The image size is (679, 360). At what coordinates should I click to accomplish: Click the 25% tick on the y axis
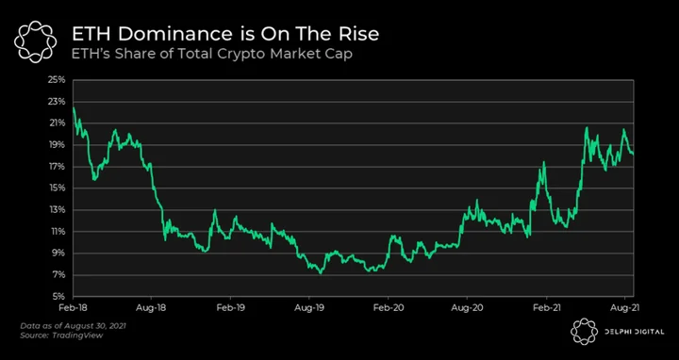(58, 80)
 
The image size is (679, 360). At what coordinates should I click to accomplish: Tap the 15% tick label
(58, 188)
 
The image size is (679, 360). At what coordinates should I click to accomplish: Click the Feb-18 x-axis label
(73, 307)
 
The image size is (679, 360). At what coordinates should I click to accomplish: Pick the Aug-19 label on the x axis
(308, 307)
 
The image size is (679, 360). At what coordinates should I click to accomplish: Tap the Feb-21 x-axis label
(546, 307)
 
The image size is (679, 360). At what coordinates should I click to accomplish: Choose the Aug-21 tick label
(624, 307)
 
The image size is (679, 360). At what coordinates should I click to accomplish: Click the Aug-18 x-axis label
(151, 307)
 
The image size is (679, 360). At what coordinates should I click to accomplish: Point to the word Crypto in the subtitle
(245, 55)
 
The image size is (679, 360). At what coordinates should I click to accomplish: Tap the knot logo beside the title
(35, 41)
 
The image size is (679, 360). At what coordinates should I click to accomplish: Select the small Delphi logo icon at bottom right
(584, 332)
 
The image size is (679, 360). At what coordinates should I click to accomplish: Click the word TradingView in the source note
(77, 335)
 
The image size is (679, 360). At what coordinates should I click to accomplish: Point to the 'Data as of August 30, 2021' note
(74, 325)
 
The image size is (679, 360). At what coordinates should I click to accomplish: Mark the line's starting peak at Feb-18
(74, 107)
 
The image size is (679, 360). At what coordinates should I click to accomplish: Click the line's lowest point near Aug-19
(321, 273)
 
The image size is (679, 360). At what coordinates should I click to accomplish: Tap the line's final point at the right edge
(633, 154)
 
